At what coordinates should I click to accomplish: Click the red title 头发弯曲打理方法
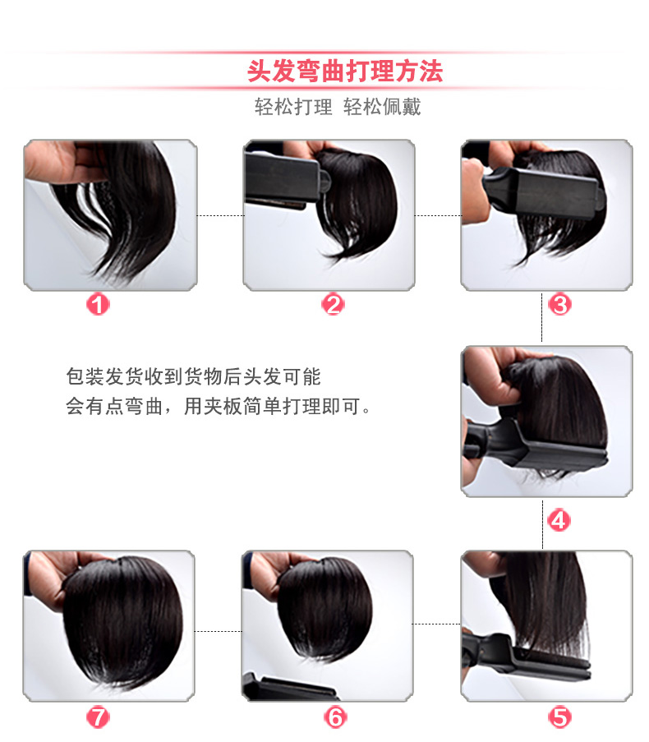coord(345,71)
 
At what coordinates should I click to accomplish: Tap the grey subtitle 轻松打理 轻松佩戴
coord(338,107)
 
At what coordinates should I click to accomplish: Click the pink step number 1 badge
coord(98,304)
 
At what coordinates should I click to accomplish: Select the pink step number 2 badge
coord(333,304)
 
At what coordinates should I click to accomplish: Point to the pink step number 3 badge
coord(559,304)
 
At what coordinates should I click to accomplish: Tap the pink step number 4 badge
coord(559,520)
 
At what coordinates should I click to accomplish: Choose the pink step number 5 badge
coord(559,717)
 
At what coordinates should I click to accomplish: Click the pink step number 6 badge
coord(335,717)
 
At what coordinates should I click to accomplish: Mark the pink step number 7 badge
coord(98,717)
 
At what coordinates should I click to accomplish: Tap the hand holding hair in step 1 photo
coord(67,162)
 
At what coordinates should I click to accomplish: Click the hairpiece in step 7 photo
coord(122,620)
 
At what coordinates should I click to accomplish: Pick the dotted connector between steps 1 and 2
coord(220,216)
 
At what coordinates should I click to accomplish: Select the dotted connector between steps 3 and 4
coord(541,317)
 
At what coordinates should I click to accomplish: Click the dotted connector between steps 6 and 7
coord(218,631)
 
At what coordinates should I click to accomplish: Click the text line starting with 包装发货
coord(194,376)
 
